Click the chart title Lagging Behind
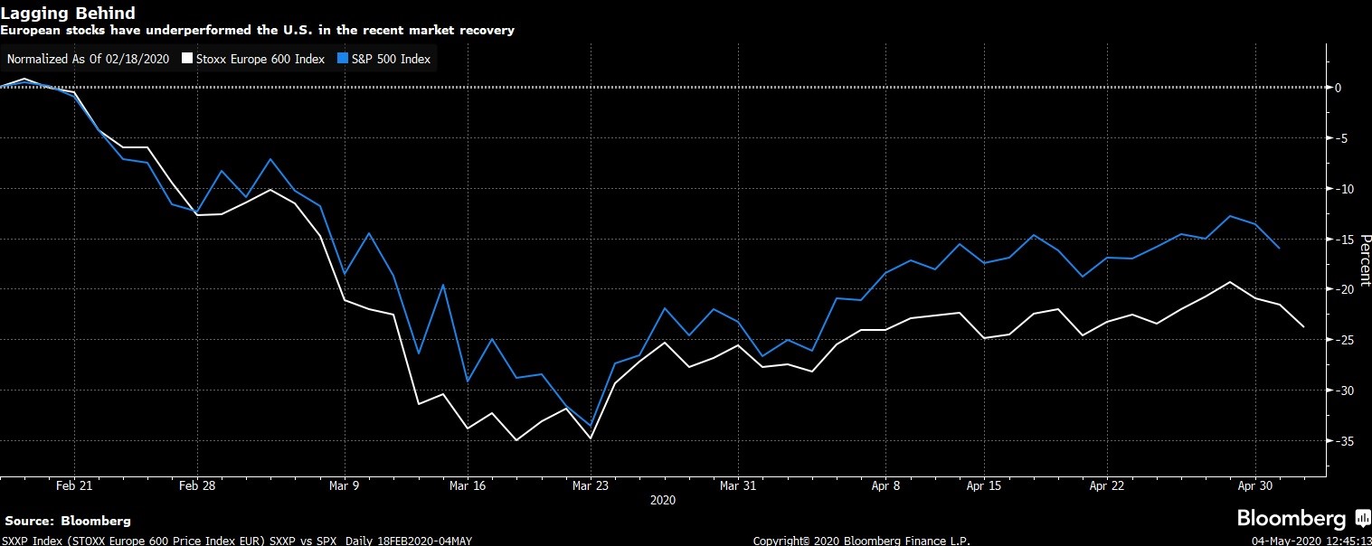(69, 14)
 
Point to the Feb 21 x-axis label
(73, 485)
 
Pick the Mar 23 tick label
(590, 485)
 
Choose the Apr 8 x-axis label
(885, 485)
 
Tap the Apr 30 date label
(1255, 485)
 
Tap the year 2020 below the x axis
(663, 500)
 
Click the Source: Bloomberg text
(68, 522)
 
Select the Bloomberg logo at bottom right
(1303, 519)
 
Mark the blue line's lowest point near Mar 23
(591, 426)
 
